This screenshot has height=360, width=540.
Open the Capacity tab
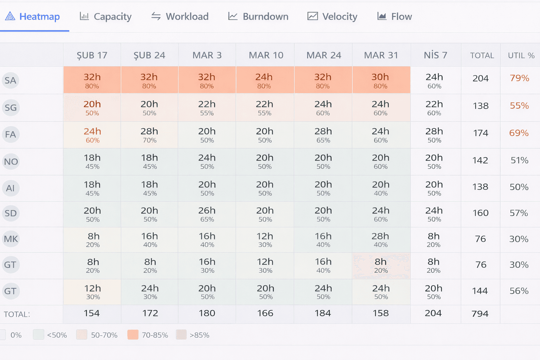pos(106,17)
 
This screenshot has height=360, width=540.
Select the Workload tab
pos(180,17)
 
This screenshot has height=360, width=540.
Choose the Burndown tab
pos(258,17)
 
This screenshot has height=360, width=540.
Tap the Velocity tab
pos(333,17)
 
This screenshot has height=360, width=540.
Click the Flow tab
pos(394,17)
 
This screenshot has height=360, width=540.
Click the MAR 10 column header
pos(266,55)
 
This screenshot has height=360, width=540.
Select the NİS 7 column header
pos(435,55)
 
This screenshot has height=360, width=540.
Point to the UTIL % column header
pos(521,56)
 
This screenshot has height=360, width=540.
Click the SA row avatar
pos(11,81)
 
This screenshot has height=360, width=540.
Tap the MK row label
pos(11,239)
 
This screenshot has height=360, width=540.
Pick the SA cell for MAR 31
pos(381,81)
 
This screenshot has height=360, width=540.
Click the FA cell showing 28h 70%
pos(149,135)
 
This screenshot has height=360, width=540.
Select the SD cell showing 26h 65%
pos(207,214)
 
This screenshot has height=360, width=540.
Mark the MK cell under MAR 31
pos(381,240)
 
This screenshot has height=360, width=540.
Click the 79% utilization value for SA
pos(519,78)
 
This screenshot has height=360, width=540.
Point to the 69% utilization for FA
pos(519,133)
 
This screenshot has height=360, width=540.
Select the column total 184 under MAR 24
pos(323,313)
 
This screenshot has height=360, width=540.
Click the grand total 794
pos(480,314)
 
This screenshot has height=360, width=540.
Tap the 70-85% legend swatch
pos(133,335)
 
